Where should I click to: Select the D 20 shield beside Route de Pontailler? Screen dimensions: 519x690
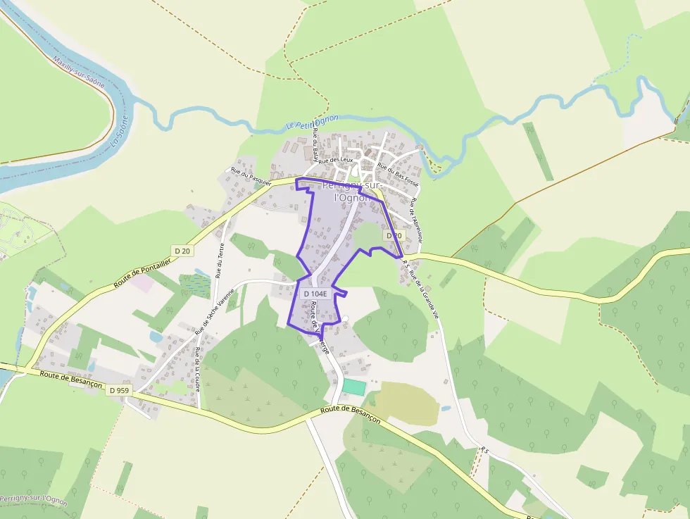pyautogui.click(x=182, y=251)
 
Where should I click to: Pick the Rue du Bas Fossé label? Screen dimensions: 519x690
pyautogui.click(x=398, y=174)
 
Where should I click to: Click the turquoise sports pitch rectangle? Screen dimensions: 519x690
pyautogui.click(x=354, y=387)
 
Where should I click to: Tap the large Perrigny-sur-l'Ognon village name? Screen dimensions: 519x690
pyautogui.click(x=351, y=192)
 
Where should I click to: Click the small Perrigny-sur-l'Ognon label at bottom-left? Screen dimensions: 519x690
pyautogui.click(x=34, y=501)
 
